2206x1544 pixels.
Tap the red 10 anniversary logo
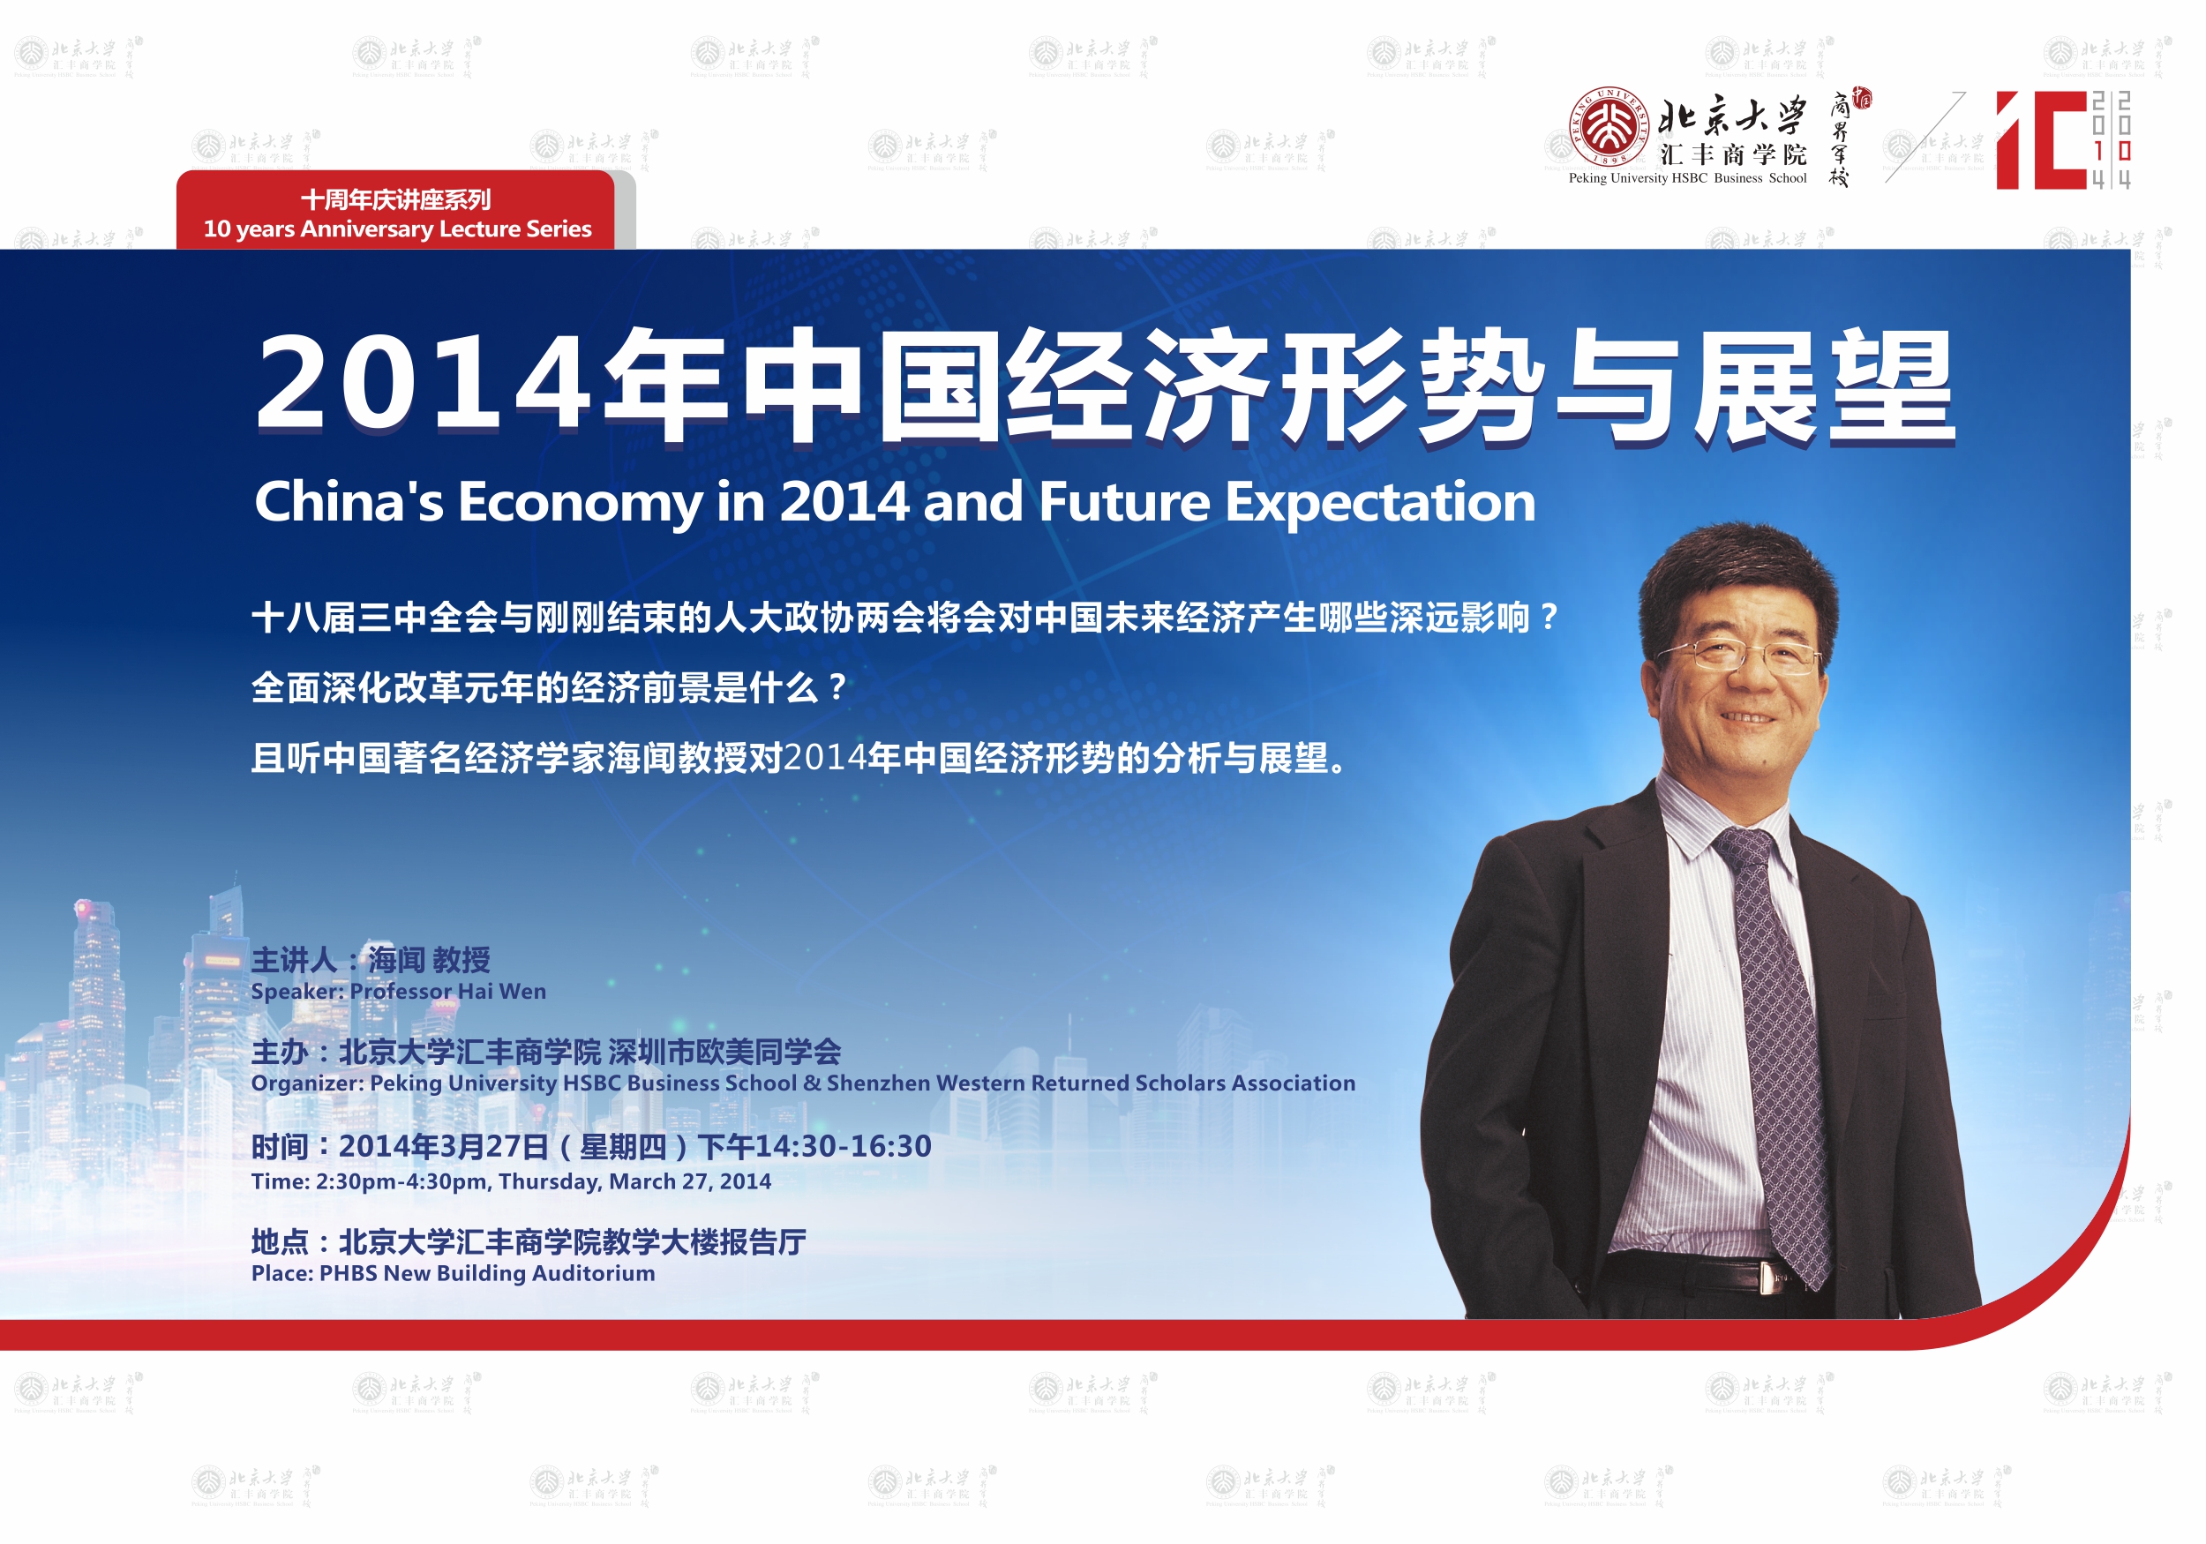[x=2063, y=140]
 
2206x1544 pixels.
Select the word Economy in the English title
[x=581, y=504]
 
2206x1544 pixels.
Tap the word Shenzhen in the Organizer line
[x=877, y=1083]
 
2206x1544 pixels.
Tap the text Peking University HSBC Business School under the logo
[x=1687, y=177]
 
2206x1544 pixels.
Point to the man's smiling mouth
[x=1747, y=716]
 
